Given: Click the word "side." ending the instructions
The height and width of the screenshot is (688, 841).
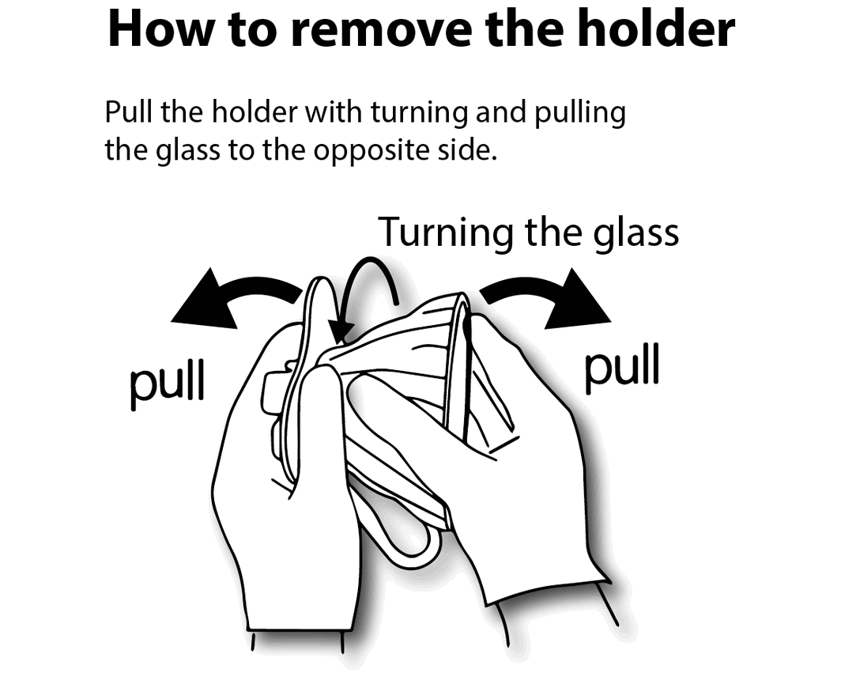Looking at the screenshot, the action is (468, 149).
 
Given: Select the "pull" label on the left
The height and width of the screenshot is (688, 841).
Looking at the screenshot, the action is (168, 382).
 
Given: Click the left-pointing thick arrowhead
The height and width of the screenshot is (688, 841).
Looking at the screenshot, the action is (206, 301).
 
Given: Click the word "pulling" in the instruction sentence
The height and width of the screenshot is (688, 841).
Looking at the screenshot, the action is (580, 114).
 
